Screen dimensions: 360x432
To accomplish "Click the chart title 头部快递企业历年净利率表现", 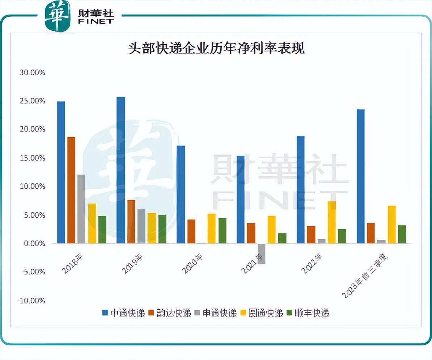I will coord(216,48).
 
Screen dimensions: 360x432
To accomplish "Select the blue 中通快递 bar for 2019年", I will coord(121,170).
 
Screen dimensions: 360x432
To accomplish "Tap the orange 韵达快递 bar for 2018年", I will coord(71,190).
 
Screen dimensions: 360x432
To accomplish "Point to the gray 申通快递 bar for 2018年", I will coord(81,209).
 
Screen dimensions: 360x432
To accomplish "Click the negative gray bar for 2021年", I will coord(261,254).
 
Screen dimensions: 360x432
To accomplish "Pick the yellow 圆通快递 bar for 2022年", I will coord(331,222).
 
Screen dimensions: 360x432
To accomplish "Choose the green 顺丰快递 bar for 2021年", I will coord(282,238).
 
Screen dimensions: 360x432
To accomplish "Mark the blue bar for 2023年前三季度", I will coord(361,176).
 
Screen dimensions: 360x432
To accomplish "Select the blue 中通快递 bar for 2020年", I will coord(181,194).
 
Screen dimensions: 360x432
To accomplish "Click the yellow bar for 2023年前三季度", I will coord(391,225).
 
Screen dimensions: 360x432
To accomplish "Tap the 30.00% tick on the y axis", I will coord(33,72).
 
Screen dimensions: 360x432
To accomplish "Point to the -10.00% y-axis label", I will coord(32,301).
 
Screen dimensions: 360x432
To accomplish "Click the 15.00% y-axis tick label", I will coord(33,158).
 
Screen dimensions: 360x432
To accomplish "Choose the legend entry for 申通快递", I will coord(215,313).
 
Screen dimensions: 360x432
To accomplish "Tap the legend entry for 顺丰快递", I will coord(308,313).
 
